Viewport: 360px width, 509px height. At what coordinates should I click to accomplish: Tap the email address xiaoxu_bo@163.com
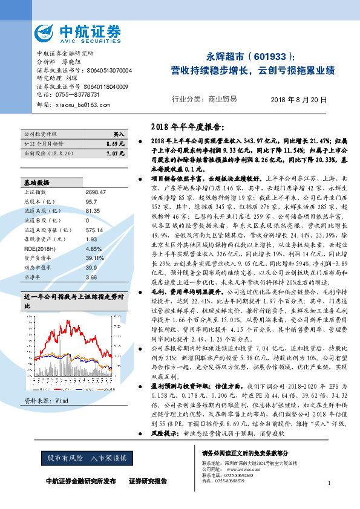[80, 105]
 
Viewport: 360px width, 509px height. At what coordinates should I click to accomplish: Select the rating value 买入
[119, 134]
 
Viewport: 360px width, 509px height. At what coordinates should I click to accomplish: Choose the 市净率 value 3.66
[92, 276]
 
